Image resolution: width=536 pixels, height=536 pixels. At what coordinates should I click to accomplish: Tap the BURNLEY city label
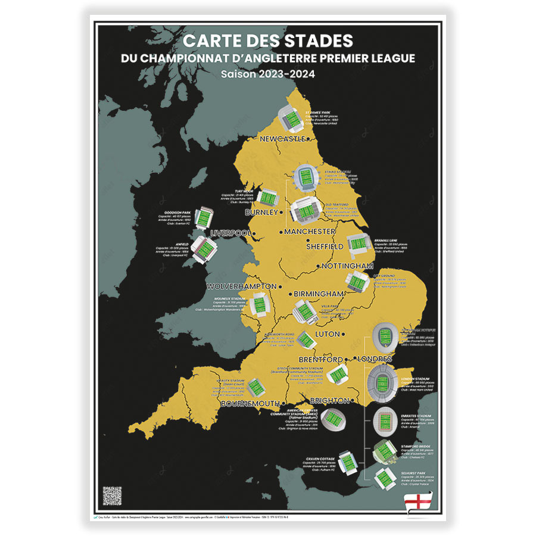[261, 212]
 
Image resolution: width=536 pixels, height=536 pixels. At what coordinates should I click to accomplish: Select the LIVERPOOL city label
[231, 233]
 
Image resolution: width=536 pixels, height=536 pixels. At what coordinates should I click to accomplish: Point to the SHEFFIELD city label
[325, 246]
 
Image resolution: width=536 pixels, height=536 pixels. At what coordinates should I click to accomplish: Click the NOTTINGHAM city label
[347, 266]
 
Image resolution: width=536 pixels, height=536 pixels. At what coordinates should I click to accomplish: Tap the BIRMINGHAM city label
[317, 294]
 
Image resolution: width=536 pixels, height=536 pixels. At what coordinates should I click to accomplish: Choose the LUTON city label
[328, 335]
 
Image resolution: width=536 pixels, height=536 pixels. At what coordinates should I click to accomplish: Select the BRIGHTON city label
[326, 401]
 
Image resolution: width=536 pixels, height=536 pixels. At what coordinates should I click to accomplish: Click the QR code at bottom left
[112, 496]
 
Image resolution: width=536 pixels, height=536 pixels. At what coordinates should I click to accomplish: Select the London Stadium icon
[384, 381]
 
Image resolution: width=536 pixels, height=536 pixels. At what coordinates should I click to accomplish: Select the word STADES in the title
[319, 41]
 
